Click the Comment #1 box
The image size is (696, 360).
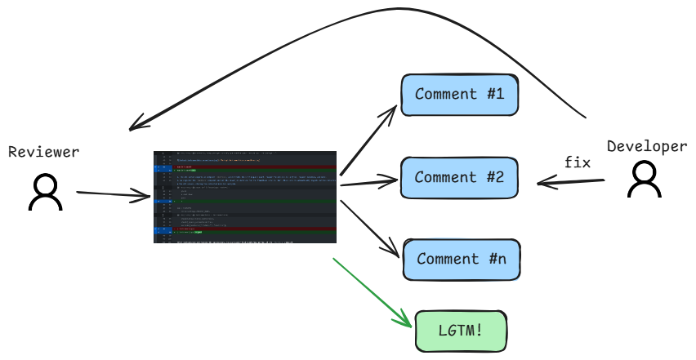[x=459, y=94]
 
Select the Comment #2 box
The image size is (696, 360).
[x=459, y=177]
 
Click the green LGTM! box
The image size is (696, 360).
[x=462, y=331]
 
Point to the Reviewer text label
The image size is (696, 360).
[x=44, y=153]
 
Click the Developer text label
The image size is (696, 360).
[x=647, y=146]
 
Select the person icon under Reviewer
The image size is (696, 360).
[x=46, y=194]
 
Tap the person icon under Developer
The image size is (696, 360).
[x=645, y=180]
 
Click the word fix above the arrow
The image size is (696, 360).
[x=578, y=162]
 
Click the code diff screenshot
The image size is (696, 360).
[x=246, y=196]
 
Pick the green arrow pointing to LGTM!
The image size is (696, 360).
[x=372, y=292]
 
